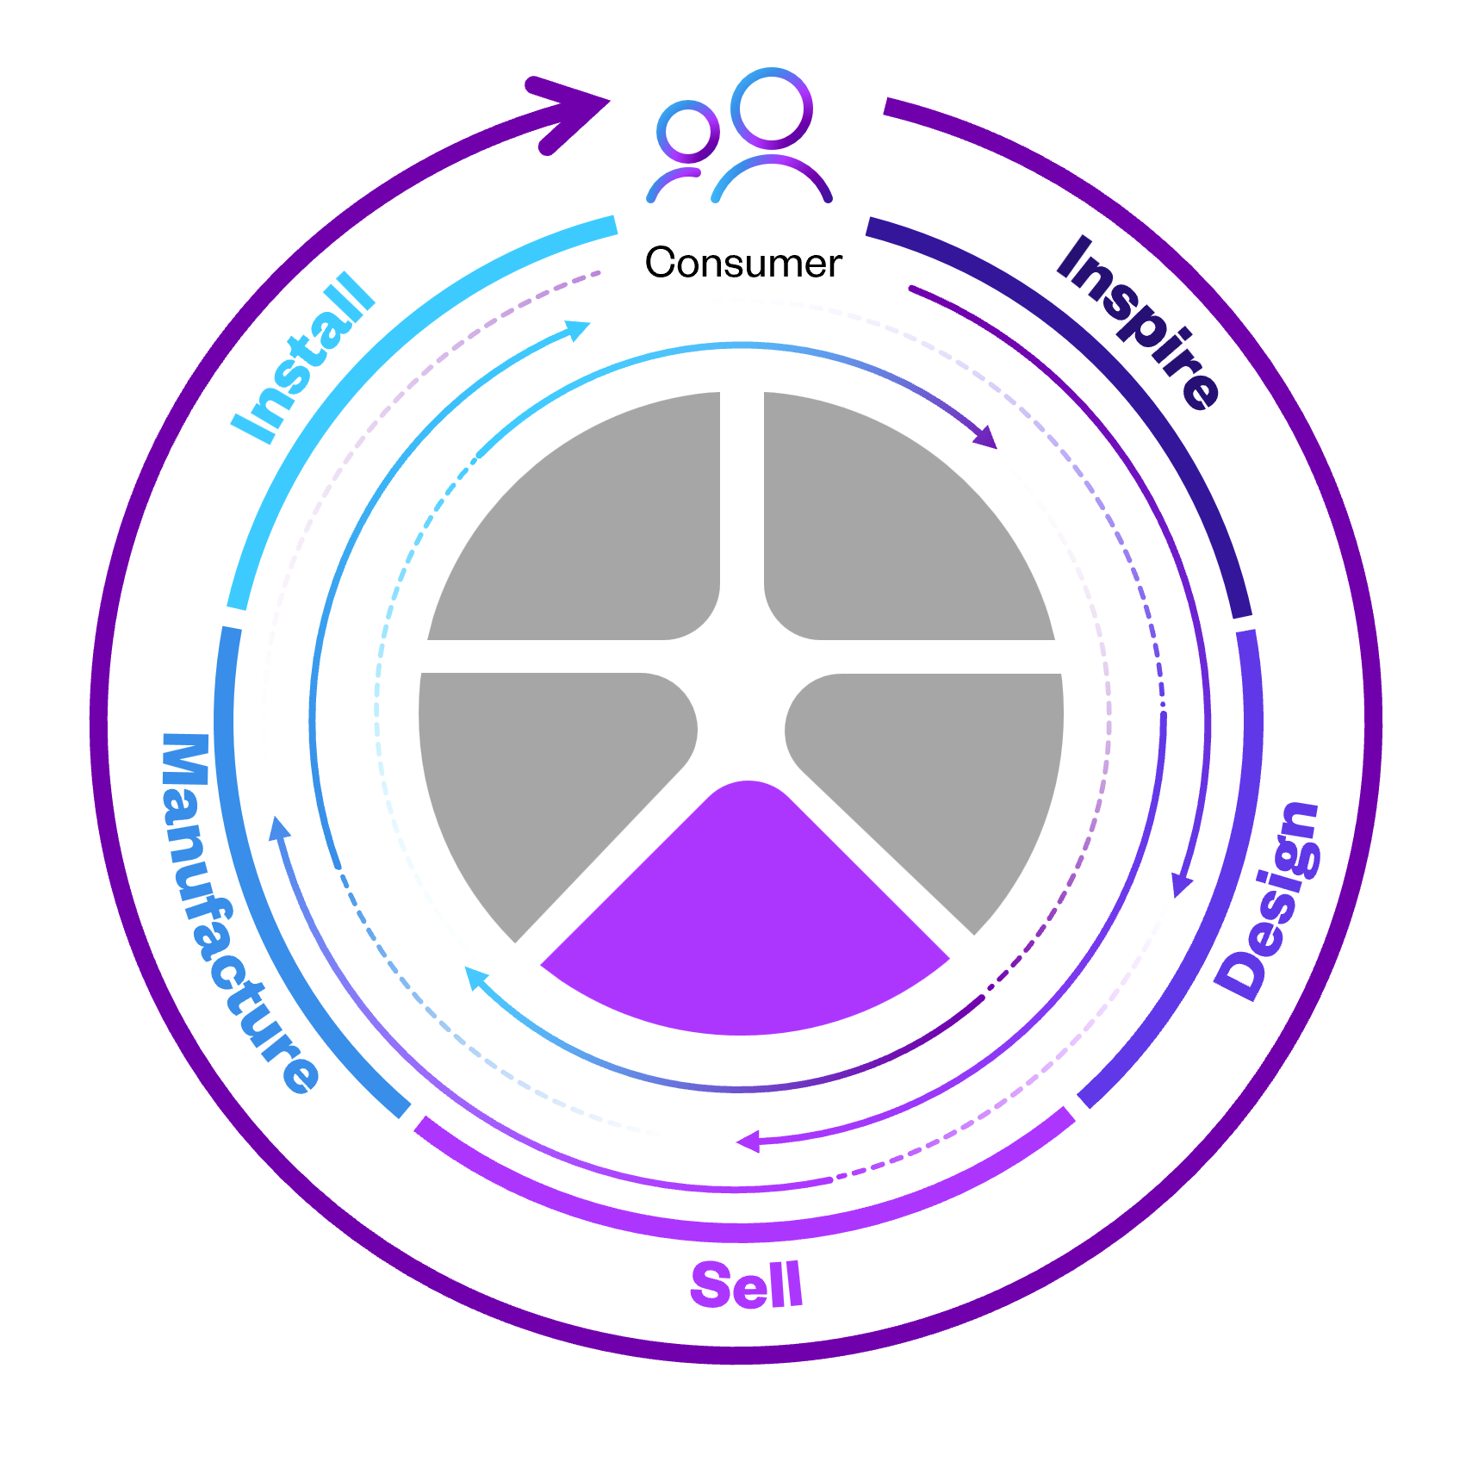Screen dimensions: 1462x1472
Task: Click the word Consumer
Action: point(742,263)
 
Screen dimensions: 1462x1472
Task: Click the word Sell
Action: point(747,1285)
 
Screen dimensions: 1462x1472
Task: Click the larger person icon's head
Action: point(772,109)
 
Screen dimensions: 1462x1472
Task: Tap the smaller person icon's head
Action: point(687,132)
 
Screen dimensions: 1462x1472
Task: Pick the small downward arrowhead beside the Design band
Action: point(1182,885)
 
